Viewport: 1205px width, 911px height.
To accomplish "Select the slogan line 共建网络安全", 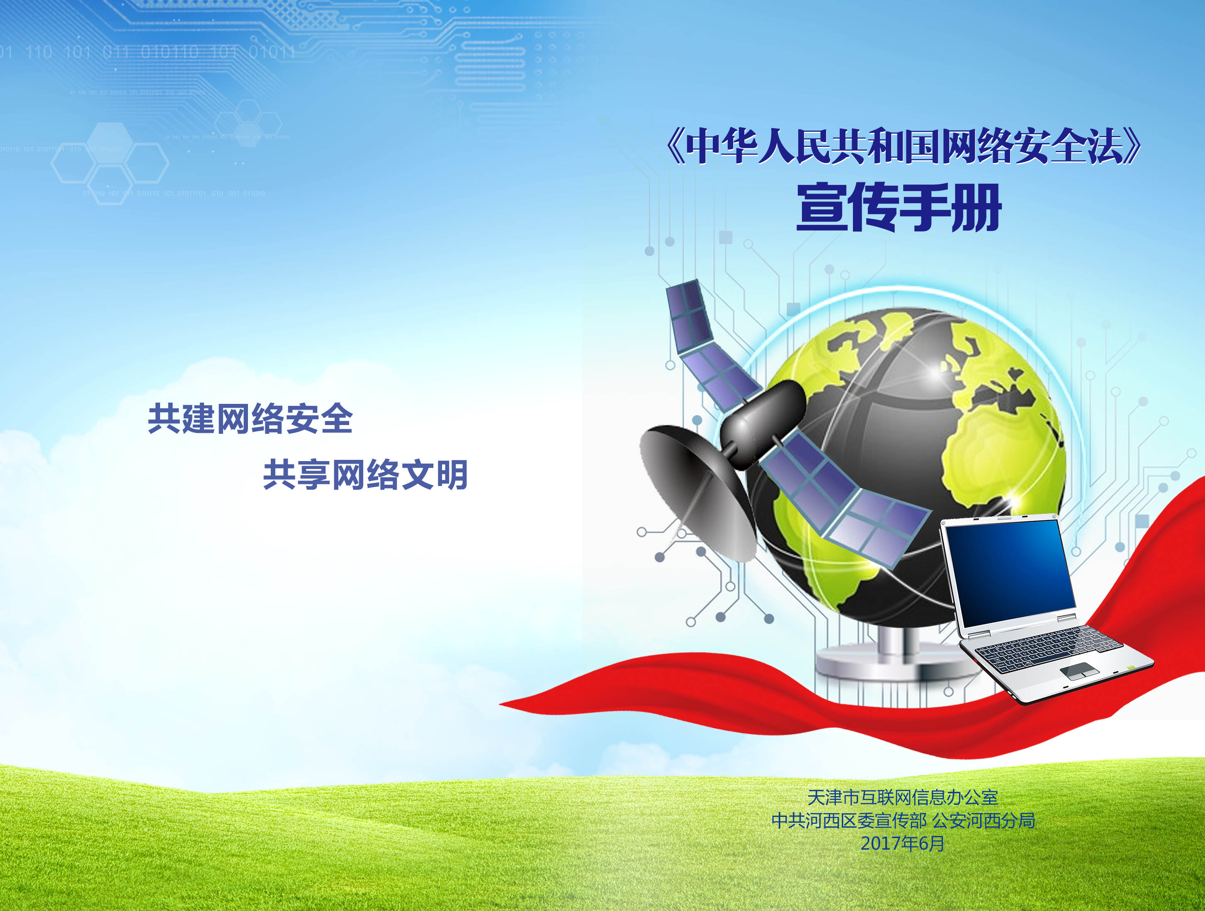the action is click(250, 418).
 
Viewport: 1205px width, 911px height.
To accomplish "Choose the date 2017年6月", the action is click(902, 843).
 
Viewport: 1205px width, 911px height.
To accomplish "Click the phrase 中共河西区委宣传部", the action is click(849, 821).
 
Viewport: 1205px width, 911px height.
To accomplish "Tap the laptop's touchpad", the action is click(1079, 671).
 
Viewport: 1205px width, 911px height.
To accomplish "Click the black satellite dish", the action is click(697, 492).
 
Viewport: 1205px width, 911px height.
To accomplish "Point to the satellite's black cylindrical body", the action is click(763, 423).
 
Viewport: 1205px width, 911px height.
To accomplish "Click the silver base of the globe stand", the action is click(894, 663).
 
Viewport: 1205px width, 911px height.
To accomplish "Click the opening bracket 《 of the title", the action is click(675, 146).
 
